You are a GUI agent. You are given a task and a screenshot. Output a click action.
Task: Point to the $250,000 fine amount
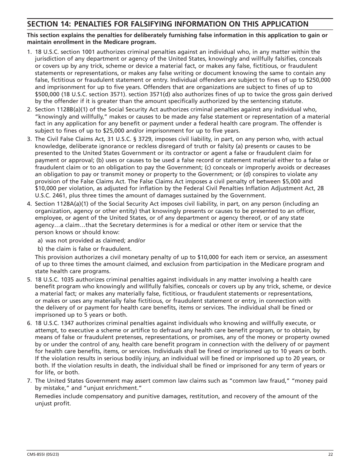point(318,80)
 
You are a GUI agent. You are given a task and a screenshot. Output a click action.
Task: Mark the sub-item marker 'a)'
point(40,241)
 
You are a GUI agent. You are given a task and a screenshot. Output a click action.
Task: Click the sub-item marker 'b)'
point(40,249)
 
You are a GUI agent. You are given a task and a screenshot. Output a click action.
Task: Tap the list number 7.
point(29,381)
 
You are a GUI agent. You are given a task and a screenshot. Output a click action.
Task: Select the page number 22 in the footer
point(330,455)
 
